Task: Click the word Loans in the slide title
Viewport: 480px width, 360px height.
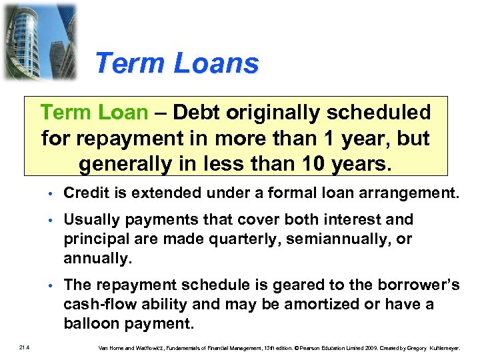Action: [216, 64]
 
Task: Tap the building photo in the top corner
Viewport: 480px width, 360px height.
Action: [39, 41]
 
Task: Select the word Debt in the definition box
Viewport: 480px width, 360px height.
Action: [197, 113]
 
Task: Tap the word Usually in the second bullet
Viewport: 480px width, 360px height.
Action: [90, 219]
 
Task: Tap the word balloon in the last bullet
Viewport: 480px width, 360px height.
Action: [89, 323]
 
